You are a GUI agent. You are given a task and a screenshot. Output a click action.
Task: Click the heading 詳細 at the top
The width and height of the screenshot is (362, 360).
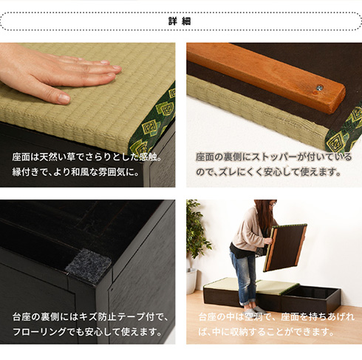click(x=181, y=21)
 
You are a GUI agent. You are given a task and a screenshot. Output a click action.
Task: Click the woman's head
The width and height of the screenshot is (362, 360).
click(x=264, y=210)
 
